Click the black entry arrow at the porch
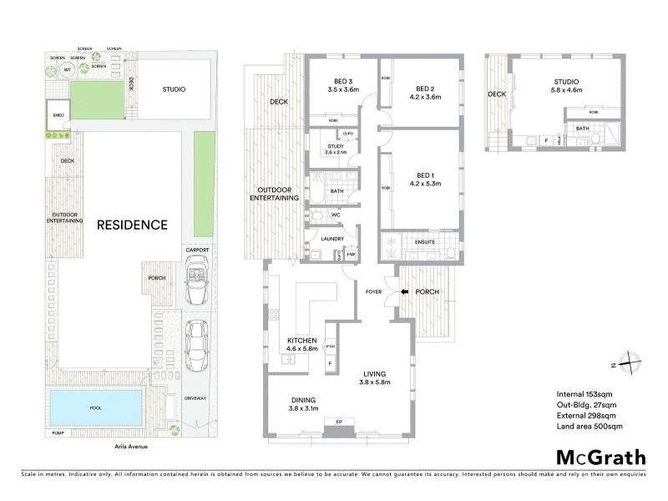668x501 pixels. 405,292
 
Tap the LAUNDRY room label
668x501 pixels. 321,239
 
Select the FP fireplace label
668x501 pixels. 337,421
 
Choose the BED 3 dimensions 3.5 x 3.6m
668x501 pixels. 343,89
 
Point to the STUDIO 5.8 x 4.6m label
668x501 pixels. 568,86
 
